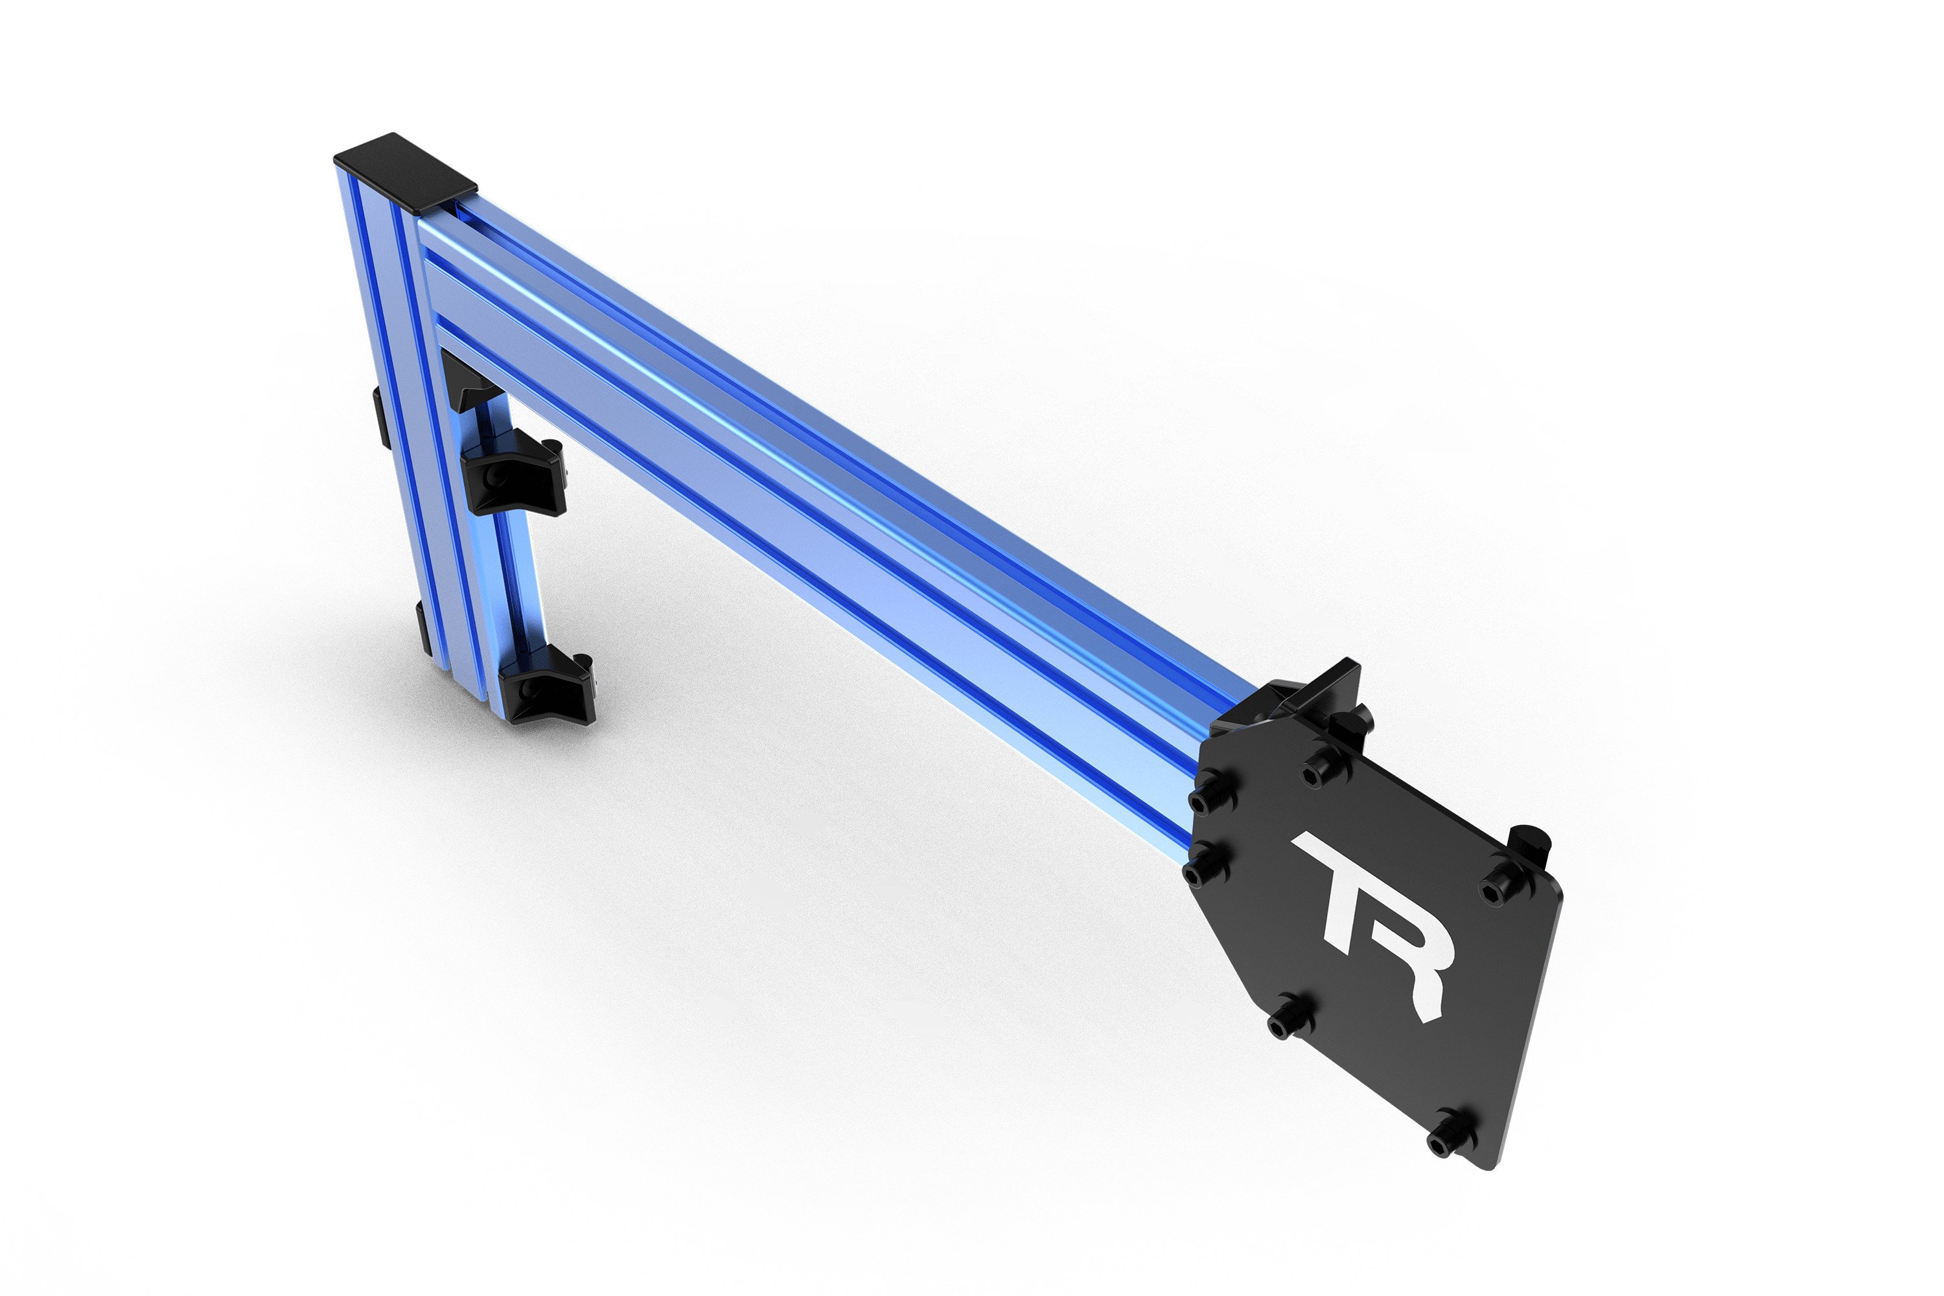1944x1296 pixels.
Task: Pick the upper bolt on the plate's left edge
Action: click(1211, 796)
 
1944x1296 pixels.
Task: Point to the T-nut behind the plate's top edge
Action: click(1350, 726)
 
